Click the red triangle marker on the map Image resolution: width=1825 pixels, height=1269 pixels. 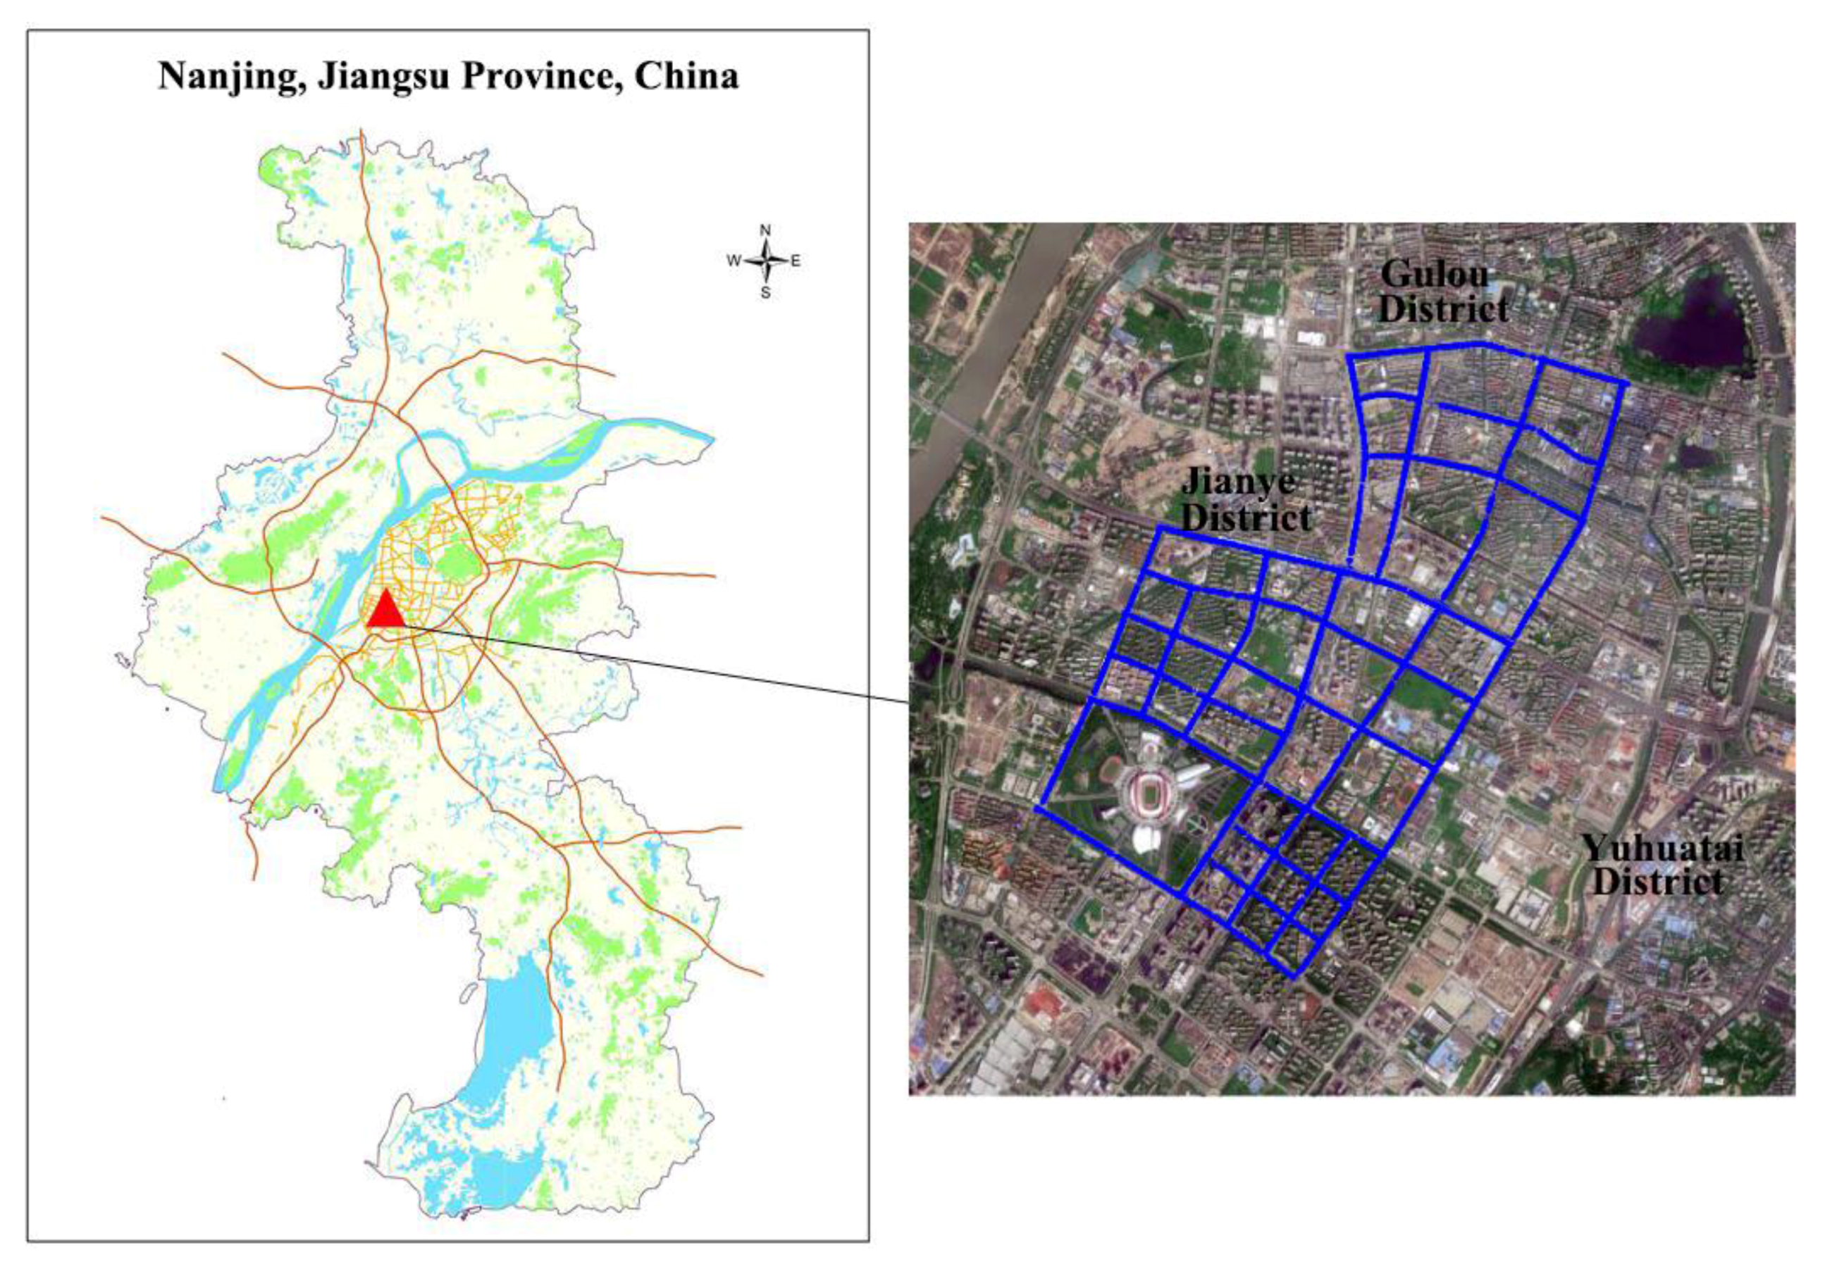click(x=385, y=609)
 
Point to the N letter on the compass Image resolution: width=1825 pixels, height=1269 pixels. click(x=765, y=230)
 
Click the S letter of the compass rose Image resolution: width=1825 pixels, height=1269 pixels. click(x=765, y=293)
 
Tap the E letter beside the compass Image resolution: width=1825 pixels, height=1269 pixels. click(x=796, y=261)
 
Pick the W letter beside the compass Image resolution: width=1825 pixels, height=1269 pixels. click(x=734, y=261)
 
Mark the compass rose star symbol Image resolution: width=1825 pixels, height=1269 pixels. click(x=765, y=261)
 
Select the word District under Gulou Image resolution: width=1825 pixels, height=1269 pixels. click(x=1444, y=309)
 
